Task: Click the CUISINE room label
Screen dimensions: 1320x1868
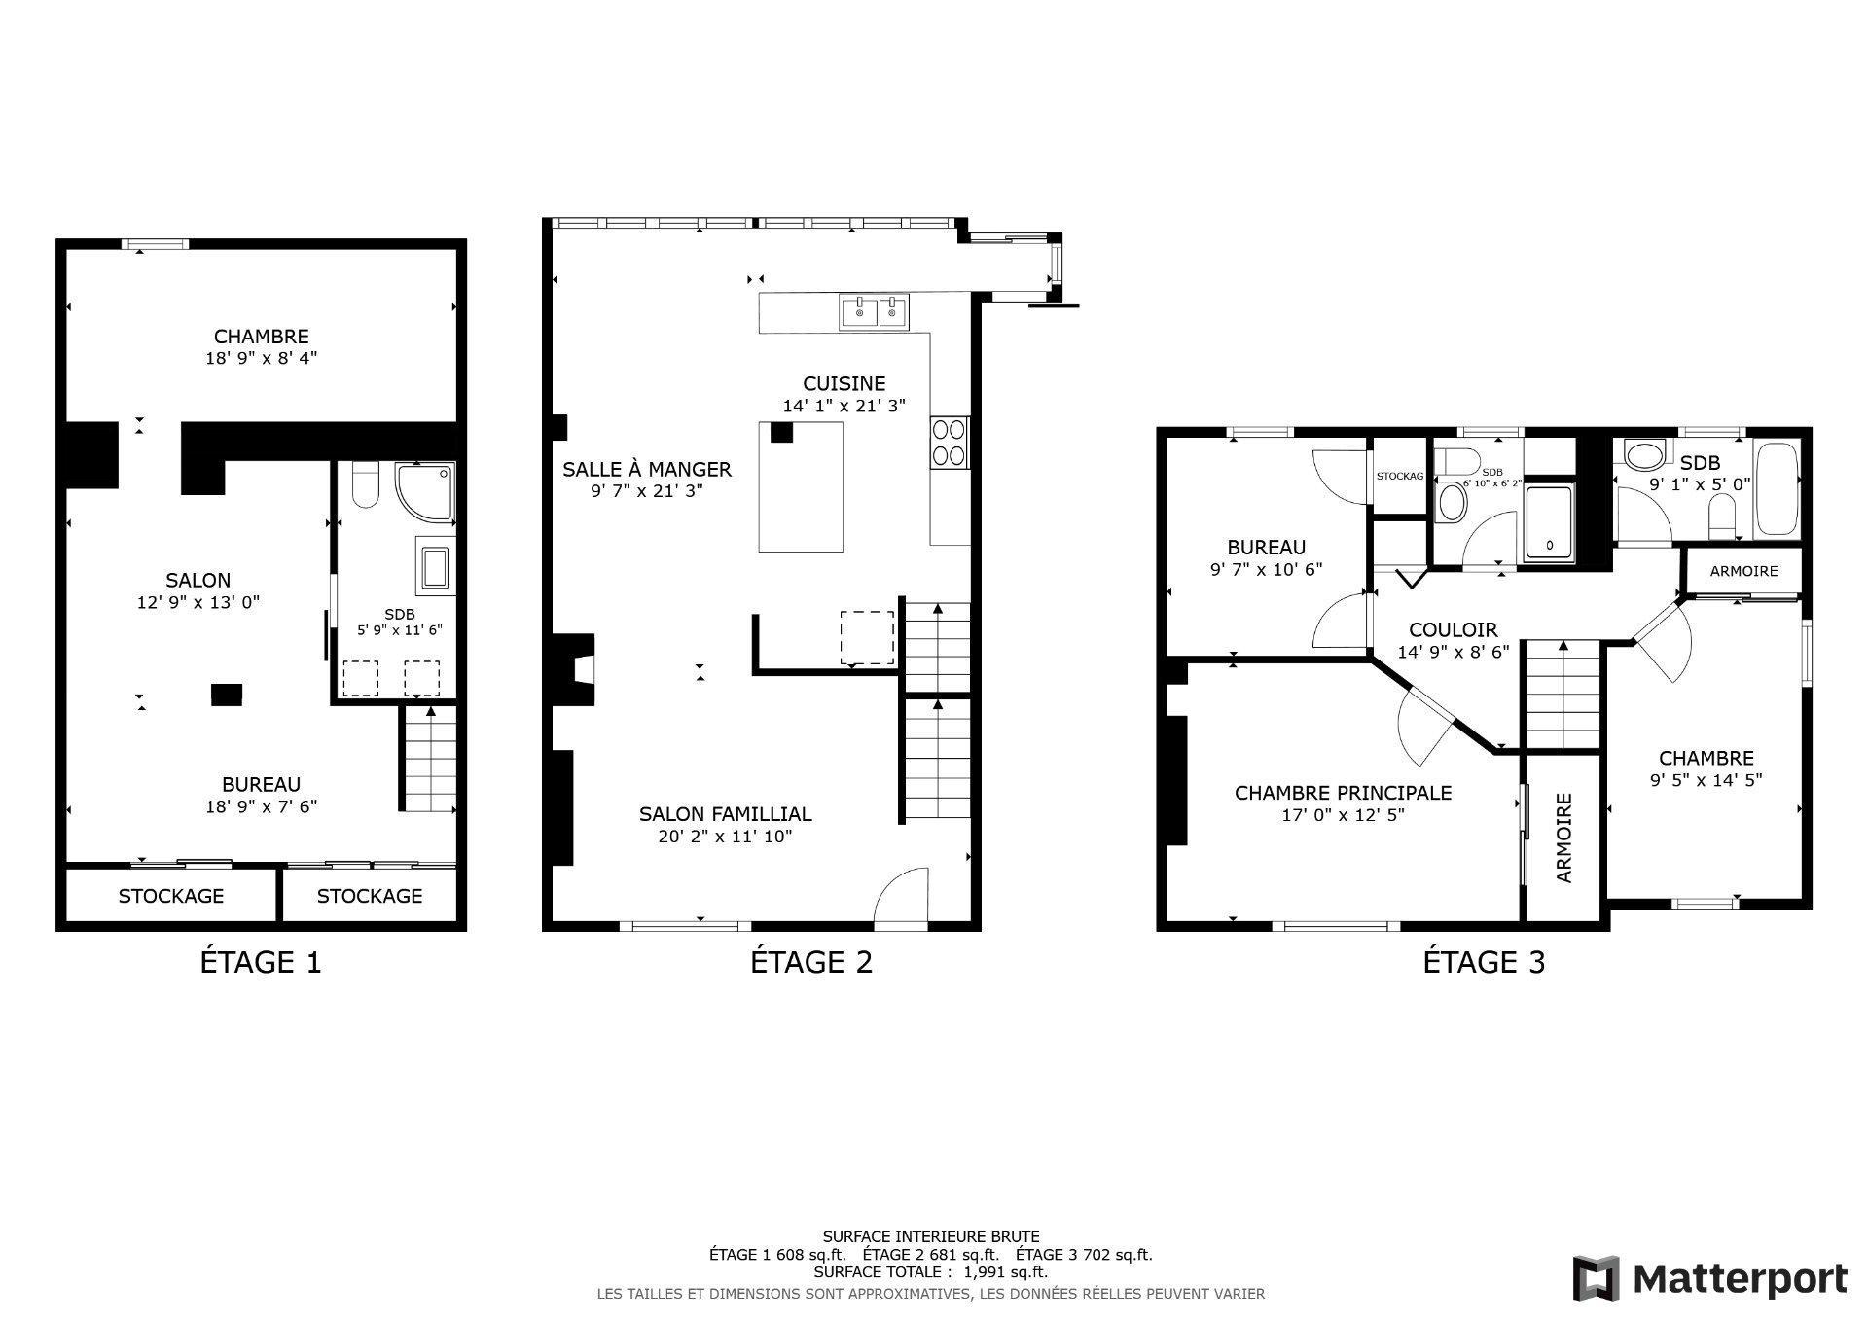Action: pyautogui.click(x=844, y=383)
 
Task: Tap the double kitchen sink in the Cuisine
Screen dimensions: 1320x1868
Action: pyautogui.click(x=874, y=311)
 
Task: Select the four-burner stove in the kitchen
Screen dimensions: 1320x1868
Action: pyautogui.click(x=949, y=443)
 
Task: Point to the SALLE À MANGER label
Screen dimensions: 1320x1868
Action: pyautogui.click(x=646, y=469)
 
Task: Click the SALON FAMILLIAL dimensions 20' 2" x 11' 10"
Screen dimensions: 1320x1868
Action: pyautogui.click(x=725, y=836)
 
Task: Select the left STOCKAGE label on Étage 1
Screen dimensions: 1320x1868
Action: pyautogui.click(x=171, y=896)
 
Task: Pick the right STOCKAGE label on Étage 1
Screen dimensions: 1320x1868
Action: pyautogui.click(x=370, y=896)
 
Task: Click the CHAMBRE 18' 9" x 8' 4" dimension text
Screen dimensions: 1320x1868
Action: pyautogui.click(x=261, y=358)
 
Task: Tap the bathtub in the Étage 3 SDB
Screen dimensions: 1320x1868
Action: pyautogui.click(x=1777, y=488)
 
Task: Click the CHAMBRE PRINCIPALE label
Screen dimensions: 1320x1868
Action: pyautogui.click(x=1343, y=793)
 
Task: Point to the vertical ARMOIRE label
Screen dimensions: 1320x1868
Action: pyautogui.click(x=1564, y=838)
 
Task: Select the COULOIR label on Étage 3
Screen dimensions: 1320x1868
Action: pyautogui.click(x=1454, y=629)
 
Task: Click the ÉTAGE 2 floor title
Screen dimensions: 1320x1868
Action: pyautogui.click(x=810, y=962)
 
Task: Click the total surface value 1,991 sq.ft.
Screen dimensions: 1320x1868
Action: pyautogui.click(x=1005, y=1271)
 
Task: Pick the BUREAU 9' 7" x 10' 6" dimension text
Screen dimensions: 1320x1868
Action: pyautogui.click(x=1266, y=569)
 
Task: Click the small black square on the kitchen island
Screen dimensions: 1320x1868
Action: pyautogui.click(x=781, y=432)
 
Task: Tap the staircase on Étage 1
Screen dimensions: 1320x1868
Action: pyautogui.click(x=430, y=759)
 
